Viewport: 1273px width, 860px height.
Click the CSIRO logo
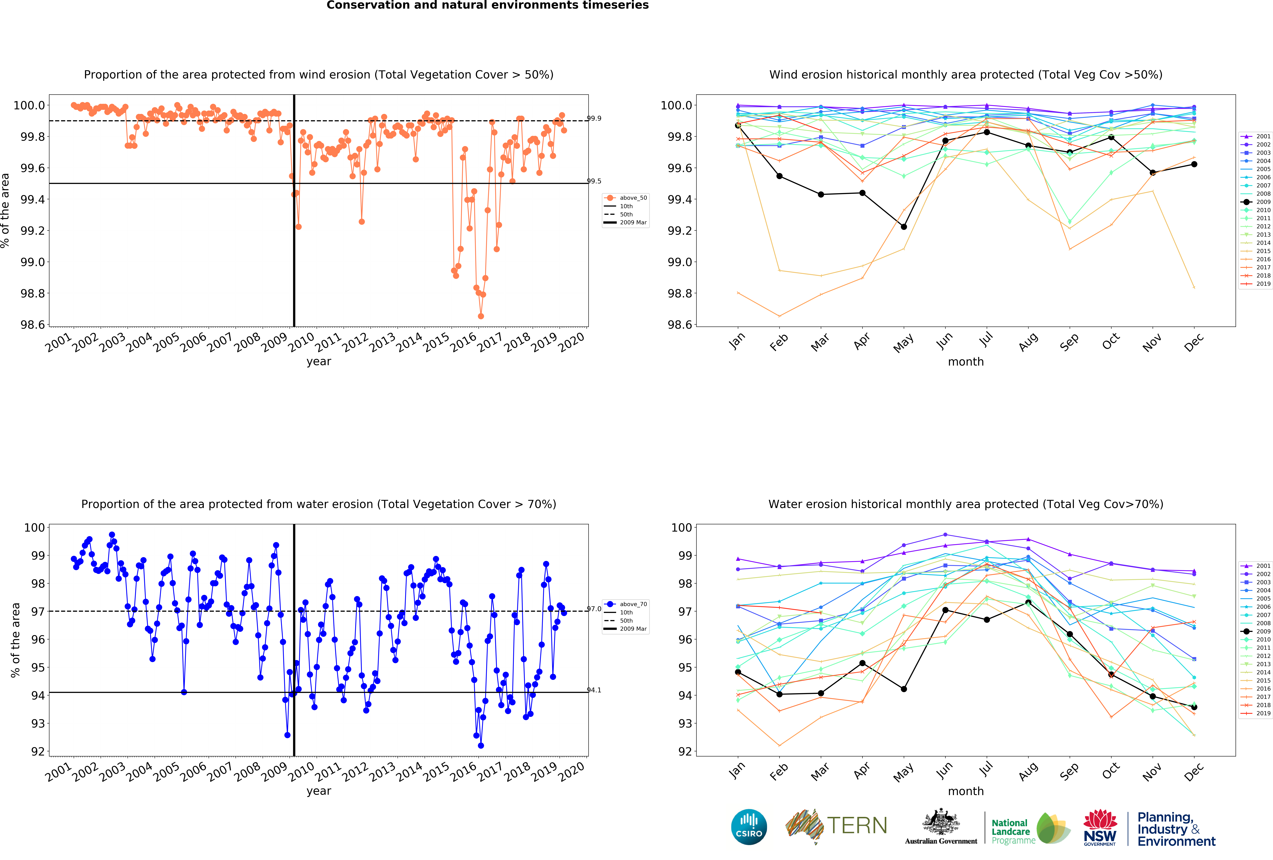[749, 827]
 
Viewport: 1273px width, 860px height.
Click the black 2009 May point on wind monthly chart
[904, 227]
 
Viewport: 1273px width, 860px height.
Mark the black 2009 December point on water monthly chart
[1194, 707]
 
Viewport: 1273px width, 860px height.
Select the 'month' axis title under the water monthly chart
[966, 791]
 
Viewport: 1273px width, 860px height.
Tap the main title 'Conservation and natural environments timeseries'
[487, 6]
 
